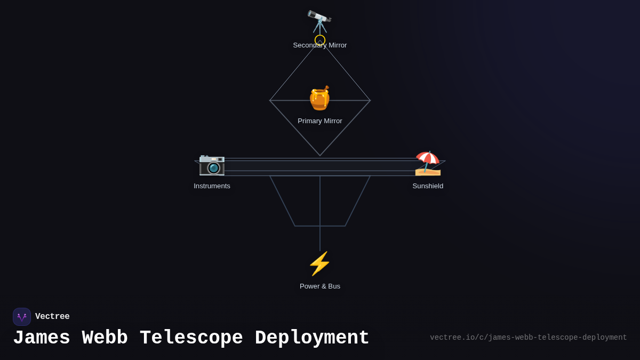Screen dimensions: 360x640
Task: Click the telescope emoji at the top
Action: (x=319, y=21)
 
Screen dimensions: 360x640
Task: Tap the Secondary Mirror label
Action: (x=319, y=45)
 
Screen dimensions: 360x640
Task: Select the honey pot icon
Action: (x=319, y=98)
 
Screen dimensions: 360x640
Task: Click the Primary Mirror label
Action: (x=319, y=121)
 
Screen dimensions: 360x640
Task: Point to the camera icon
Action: (x=212, y=164)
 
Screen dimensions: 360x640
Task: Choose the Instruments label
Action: (x=212, y=186)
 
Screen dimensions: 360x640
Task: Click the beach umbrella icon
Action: (x=428, y=163)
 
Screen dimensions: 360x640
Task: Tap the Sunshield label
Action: (x=428, y=186)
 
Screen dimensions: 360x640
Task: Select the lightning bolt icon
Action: (x=319, y=263)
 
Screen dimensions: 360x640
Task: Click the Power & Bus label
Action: (x=319, y=286)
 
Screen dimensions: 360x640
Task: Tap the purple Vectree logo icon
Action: (x=22, y=317)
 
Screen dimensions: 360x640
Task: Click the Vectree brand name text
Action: (x=52, y=317)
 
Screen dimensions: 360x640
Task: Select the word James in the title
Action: (x=42, y=338)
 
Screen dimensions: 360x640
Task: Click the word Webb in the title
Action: (x=105, y=338)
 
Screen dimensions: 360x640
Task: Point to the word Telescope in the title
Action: (x=191, y=338)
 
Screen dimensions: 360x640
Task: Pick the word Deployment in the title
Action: (x=312, y=338)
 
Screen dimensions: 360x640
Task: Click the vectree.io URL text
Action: (x=528, y=338)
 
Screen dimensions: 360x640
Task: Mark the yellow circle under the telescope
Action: (x=320, y=39)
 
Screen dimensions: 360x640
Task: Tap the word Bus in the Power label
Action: (x=334, y=286)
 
